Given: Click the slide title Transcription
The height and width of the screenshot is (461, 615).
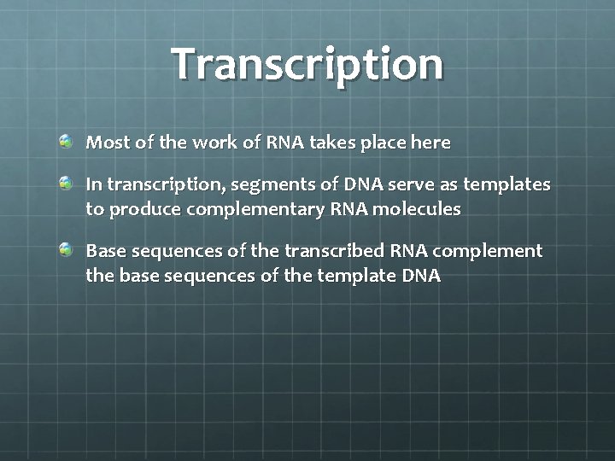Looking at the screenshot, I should [x=307, y=64].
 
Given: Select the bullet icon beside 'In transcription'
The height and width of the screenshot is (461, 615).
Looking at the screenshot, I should [x=67, y=183].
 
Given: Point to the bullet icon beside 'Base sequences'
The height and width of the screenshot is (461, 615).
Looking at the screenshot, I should [x=67, y=249].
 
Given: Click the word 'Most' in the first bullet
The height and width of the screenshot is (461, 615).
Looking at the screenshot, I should [x=105, y=143].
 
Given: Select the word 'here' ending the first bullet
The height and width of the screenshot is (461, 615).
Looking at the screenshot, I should [x=430, y=143].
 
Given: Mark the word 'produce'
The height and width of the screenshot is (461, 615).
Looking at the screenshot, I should [x=140, y=209].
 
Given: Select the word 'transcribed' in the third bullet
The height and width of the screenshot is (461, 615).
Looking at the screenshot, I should [x=336, y=251].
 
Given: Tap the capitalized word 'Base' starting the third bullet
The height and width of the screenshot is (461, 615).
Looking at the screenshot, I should [x=106, y=251].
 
